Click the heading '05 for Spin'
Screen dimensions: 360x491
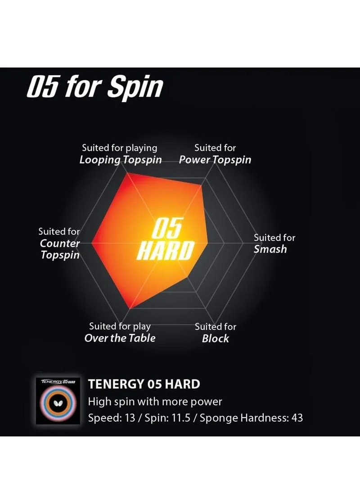tap(95, 86)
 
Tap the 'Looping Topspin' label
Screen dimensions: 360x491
tap(121, 160)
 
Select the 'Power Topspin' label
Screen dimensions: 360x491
tap(215, 160)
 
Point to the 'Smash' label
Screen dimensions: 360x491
tap(270, 249)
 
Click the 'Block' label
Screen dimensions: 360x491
tap(216, 338)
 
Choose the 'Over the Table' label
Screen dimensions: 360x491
tap(120, 338)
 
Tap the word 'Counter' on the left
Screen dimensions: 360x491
tap(60, 243)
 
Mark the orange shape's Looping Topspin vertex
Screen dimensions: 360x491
tap(126, 173)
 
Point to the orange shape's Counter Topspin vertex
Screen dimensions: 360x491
tap(92, 243)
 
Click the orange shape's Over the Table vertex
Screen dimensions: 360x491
tap(130, 309)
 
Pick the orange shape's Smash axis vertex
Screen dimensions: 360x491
tap(208, 242)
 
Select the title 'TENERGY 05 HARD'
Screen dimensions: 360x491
tap(144, 384)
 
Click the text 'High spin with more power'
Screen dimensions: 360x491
tap(155, 401)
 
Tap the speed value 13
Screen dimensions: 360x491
tap(130, 418)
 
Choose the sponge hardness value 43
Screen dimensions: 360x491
tap(297, 418)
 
